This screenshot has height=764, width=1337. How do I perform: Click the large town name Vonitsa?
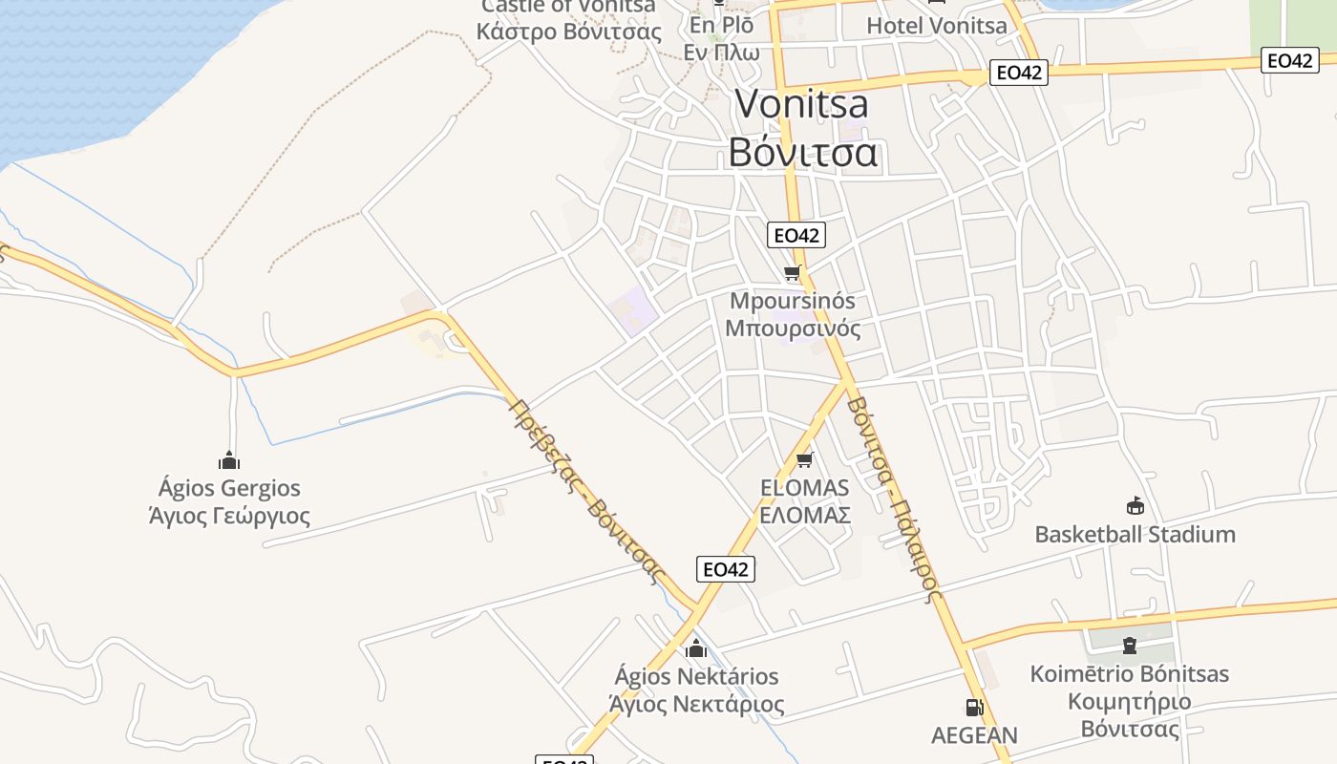(x=801, y=104)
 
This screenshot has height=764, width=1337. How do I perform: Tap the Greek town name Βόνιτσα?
(x=802, y=152)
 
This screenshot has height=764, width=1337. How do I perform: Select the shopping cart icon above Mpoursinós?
(x=792, y=273)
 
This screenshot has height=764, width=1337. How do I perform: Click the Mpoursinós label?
(x=792, y=301)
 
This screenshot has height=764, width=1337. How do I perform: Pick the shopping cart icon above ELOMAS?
(x=804, y=460)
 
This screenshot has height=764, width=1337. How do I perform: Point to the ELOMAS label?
(x=804, y=488)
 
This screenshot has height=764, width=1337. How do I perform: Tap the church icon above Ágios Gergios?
(x=229, y=460)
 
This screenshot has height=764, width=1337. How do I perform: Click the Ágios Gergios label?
(x=229, y=488)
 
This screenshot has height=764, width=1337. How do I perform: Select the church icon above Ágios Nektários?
(x=696, y=648)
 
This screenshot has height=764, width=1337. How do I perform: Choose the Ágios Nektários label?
(x=696, y=676)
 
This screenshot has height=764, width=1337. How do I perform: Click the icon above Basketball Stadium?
(x=1135, y=506)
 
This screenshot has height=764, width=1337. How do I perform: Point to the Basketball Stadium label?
(x=1135, y=534)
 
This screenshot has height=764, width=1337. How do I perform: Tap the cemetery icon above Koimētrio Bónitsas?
(x=1130, y=647)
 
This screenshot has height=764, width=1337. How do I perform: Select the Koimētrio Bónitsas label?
(x=1130, y=674)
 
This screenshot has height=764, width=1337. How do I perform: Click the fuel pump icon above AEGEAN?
(x=974, y=708)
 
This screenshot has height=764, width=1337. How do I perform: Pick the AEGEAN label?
(x=974, y=735)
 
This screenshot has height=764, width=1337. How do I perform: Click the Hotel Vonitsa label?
(x=936, y=26)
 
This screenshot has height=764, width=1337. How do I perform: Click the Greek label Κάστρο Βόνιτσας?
(x=568, y=32)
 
